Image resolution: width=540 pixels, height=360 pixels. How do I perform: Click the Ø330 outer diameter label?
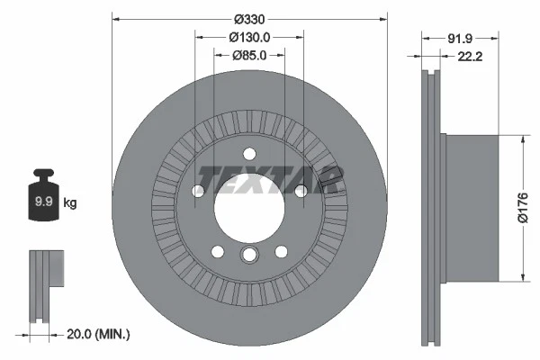coord(249,19)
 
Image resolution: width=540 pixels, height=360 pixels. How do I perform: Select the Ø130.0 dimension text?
coord(249,37)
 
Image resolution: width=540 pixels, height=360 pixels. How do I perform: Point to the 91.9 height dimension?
coord(460,38)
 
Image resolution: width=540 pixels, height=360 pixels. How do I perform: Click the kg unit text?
coord(70,203)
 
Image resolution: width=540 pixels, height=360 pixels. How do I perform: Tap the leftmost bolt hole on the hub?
coord(198,190)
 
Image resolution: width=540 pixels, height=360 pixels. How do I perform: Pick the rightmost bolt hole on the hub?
coord(301,190)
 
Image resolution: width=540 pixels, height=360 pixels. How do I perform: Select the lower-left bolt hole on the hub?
coord(217,250)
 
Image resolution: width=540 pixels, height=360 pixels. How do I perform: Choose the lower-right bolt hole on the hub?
coord(282,250)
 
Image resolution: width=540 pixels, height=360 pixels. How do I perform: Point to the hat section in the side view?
coord(468,207)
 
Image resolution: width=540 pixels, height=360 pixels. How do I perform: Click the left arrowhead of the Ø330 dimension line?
coord(117,19)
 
